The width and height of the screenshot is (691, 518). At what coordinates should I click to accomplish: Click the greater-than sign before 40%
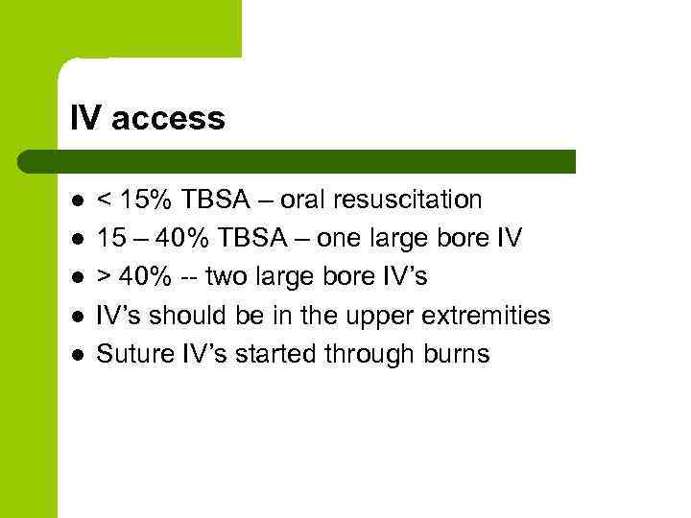tap(105, 277)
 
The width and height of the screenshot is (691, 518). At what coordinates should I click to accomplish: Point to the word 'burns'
tap(457, 354)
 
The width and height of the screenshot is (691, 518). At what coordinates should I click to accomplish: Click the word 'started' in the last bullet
tap(287, 354)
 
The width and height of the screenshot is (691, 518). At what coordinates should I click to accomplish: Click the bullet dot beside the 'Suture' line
tap(76, 355)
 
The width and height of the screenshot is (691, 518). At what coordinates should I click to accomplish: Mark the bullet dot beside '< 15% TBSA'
tap(76, 200)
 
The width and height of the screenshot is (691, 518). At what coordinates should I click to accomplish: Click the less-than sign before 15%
tap(105, 200)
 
